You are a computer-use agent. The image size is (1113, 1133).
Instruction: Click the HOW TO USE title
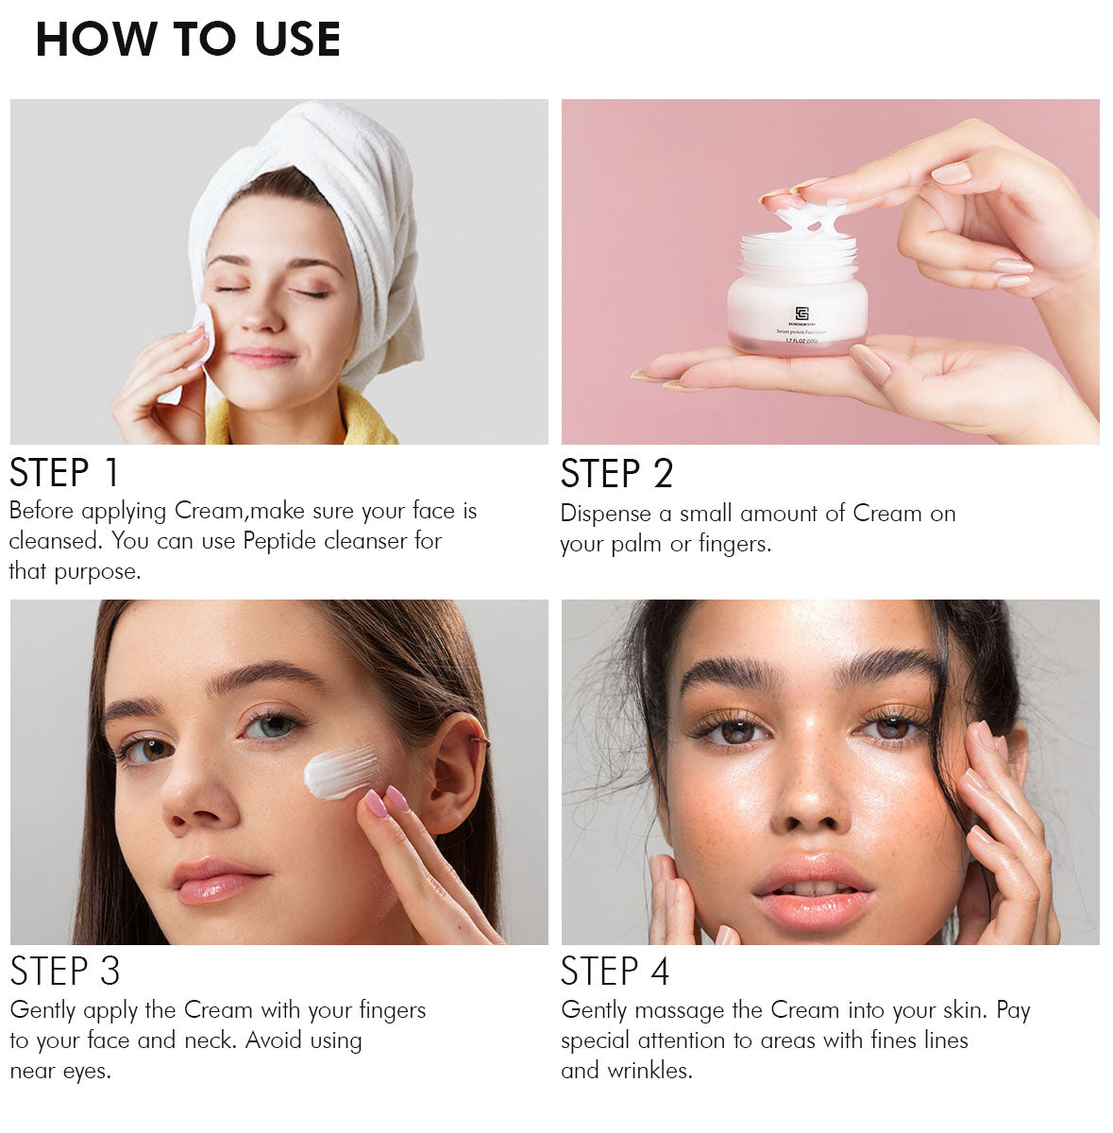point(188,40)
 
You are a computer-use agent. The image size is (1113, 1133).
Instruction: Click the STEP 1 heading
point(65,472)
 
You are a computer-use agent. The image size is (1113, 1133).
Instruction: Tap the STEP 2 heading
point(616,474)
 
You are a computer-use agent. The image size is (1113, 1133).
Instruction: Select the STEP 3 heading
point(65,971)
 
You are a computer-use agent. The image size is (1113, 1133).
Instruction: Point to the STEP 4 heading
point(615,972)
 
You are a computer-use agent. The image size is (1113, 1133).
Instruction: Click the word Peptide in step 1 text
point(279,542)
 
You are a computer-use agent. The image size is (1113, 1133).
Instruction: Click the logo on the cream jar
point(801,313)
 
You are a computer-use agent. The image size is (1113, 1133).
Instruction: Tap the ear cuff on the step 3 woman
point(480,742)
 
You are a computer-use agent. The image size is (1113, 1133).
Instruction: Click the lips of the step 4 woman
point(813,892)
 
